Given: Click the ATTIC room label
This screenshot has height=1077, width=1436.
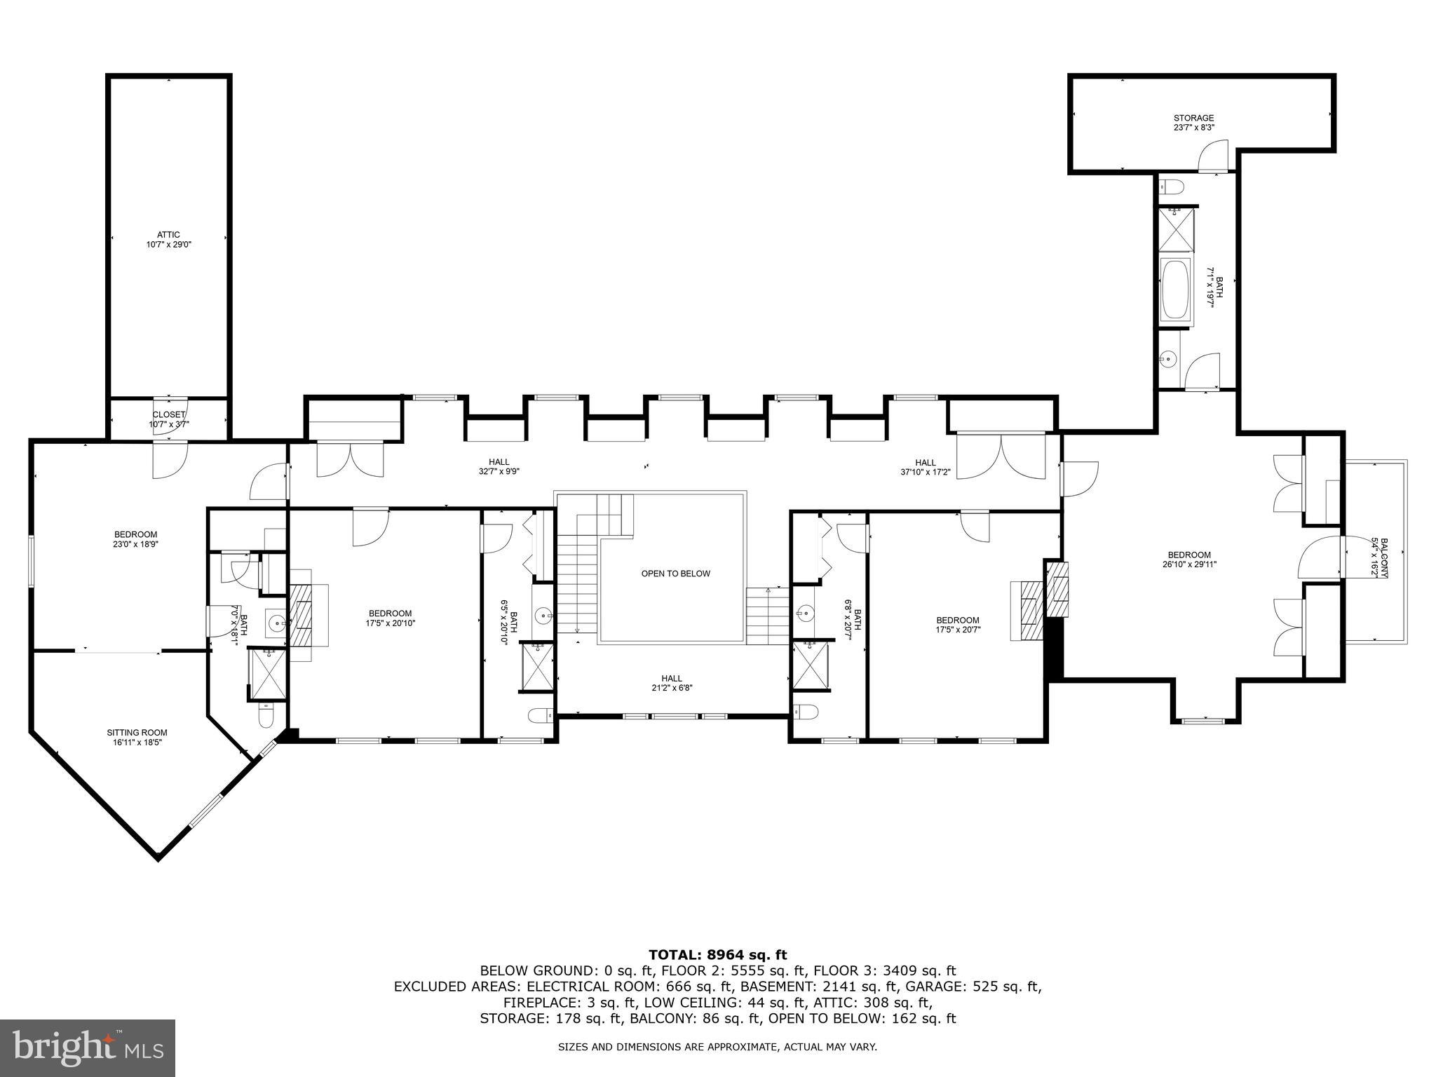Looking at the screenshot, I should coord(168,235).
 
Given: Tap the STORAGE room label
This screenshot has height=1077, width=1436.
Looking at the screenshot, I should coord(1193,118).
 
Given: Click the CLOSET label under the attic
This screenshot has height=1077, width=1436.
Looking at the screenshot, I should coord(168,415).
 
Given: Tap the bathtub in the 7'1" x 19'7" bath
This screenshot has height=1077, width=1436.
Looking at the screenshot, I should coord(1175,289).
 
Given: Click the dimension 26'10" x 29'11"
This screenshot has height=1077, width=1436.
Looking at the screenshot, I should coord(1189,564).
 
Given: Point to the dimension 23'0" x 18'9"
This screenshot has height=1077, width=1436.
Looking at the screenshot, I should coord(136,543).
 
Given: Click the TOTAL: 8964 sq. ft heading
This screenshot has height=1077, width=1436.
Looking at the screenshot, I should coord(717,954).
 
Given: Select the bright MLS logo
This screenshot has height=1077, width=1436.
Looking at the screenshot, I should coord(88,1048).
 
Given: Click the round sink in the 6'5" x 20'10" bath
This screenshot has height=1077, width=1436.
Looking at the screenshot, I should coord(544,617).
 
